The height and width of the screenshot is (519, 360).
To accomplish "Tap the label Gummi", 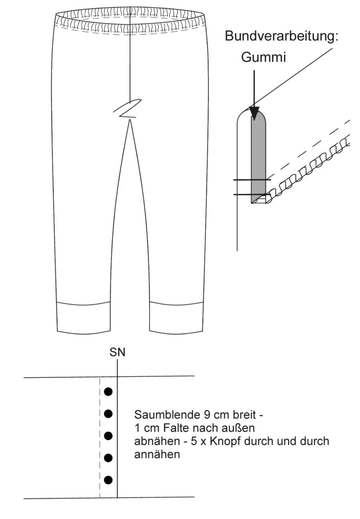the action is coord(263,57).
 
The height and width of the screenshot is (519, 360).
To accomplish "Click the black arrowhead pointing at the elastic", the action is coord(254,113).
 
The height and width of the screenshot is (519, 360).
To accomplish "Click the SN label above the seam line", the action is coord(117,353).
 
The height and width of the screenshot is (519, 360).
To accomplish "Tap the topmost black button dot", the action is coord(108,392).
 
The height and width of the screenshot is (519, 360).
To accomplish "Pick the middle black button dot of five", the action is coord(108,436).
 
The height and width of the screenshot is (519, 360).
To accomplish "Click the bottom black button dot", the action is coord(108,480).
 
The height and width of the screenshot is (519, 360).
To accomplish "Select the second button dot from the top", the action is coord(108,414).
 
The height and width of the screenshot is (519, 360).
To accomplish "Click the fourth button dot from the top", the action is coord(108,458).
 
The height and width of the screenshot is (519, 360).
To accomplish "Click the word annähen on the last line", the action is coord(157,455).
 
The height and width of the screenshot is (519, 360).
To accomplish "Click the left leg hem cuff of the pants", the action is coord(84,318).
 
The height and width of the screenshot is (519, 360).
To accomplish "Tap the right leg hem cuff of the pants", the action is coord(176,318).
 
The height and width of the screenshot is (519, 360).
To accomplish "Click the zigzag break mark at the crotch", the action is coord(127,108).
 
